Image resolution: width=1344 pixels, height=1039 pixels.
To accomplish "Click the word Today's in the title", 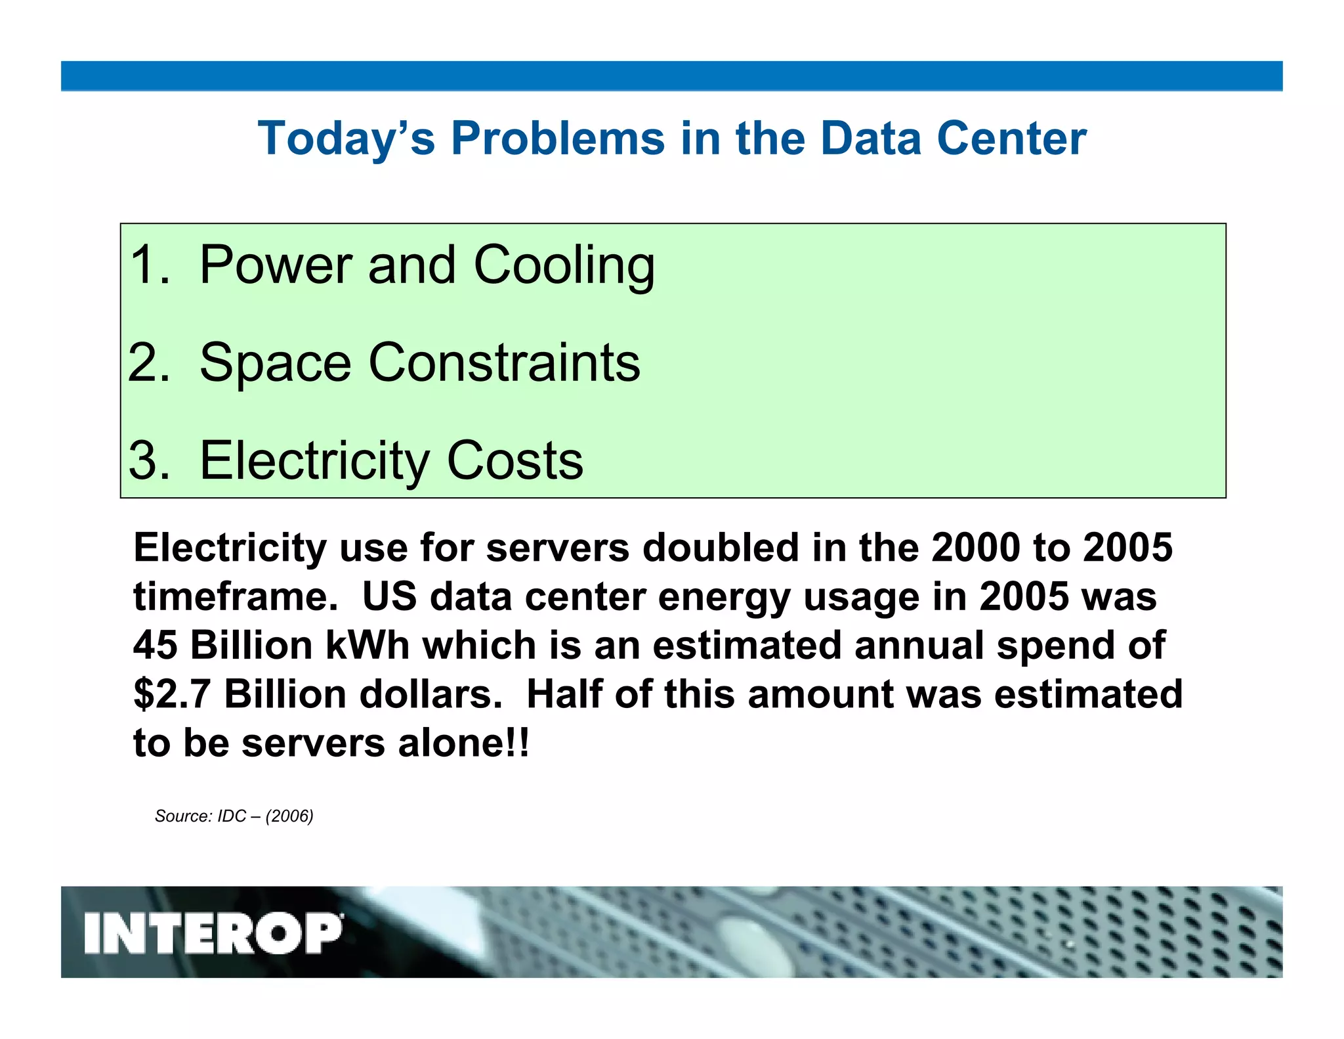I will [x=346, y=139].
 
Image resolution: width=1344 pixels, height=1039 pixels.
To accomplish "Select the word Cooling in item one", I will [x=564, y=265].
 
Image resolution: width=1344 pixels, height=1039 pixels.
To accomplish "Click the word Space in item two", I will [x=275, y=363].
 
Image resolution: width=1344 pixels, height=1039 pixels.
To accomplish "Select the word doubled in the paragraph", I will [x=720, y=548].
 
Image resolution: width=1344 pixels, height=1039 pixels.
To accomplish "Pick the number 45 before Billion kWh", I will [x=155, y=646].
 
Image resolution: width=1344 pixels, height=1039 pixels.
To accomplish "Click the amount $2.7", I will [x=172, y=695].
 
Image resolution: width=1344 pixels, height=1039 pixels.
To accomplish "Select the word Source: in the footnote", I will [x=183, y=816].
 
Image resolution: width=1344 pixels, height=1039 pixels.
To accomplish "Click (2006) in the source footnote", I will [x=289, y=816].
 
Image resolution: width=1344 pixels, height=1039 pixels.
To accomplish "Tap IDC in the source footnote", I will [x=232, y=816].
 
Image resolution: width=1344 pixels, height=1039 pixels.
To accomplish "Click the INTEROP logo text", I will [x=213, y=933].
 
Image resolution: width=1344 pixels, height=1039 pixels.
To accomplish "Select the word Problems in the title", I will [x=558, y=139].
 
